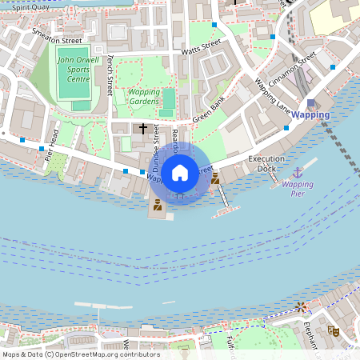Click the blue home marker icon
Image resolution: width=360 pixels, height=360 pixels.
(x=180, y=172)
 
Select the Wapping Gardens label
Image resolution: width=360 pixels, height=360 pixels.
(x=144, y=96)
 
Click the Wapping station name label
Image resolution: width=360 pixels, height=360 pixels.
(x=310, y=115)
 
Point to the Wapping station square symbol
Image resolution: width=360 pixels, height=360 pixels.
(x=310, y=102)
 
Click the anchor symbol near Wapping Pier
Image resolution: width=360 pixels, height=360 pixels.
(x=298, y=172)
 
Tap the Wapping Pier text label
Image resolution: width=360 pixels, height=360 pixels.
(x=298, y=188)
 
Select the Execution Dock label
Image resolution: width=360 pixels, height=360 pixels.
(x=266, y=163)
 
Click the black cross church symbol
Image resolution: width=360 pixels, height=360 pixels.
(x=143, y=128)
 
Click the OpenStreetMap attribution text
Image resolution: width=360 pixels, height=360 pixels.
(x=80, y=354)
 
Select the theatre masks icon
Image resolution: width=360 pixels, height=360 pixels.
(x=334, y=330)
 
